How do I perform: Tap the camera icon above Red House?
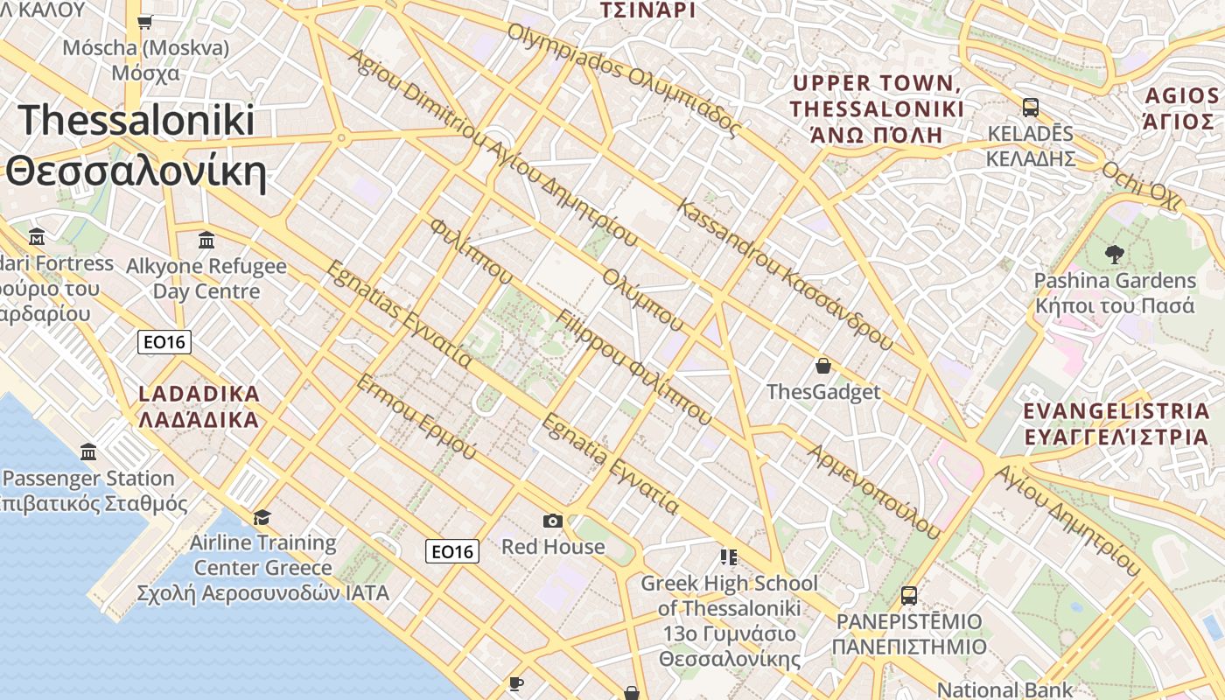[553, 521]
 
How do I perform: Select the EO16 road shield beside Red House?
[452, 551]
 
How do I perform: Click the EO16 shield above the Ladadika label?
[164, 341]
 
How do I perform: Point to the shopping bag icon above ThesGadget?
[822, 366]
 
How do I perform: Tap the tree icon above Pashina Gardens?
[1114, 255]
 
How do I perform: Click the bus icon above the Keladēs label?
[1031, 108]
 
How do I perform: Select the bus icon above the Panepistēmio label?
[909, 595]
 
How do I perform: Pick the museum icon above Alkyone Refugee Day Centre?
[206, 239]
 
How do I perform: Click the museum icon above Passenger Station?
[88, 452]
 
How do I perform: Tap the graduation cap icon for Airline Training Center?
[262, 517]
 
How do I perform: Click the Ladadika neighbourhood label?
[199, 406]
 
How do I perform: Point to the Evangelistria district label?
[1116, 423]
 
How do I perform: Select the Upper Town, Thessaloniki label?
[877, 108]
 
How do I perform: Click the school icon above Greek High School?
[728, 556]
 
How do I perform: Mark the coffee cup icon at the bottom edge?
[516, 683]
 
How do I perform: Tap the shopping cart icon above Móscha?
[145, 22]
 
